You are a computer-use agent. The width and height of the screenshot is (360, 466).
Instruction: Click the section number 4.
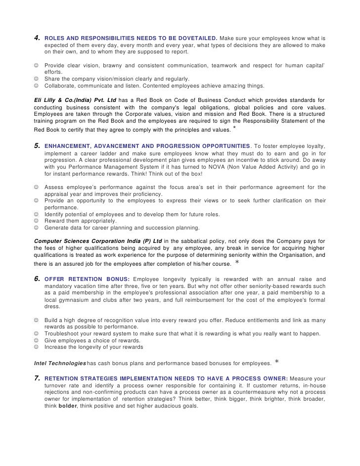pyautogui.click(x=36, y=38)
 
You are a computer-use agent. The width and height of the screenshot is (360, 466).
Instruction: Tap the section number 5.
pyautogui.click(x=36, y=146)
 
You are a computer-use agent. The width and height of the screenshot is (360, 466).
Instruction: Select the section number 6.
pyautogui.click(x=36, y=279)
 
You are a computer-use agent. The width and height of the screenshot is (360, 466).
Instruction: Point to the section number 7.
pyautogui.click(x=36, y=378)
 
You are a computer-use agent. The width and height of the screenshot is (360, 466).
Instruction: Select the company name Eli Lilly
pyautogui.click(x=45, y=100)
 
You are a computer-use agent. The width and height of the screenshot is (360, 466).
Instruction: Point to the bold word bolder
pyautogui.click(x=68, y=406)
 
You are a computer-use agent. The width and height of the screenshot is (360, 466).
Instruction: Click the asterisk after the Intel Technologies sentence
pyautogui.click(x=276, y=362)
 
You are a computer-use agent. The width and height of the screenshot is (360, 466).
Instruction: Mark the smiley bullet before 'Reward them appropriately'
pyautogui.click(x=36, y=221)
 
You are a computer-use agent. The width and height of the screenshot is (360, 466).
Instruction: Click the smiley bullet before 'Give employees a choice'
pyautogui.click(x=36, y=340)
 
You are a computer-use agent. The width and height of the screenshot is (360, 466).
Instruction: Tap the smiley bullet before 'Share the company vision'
pyautogui.click(x=36, y=79)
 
